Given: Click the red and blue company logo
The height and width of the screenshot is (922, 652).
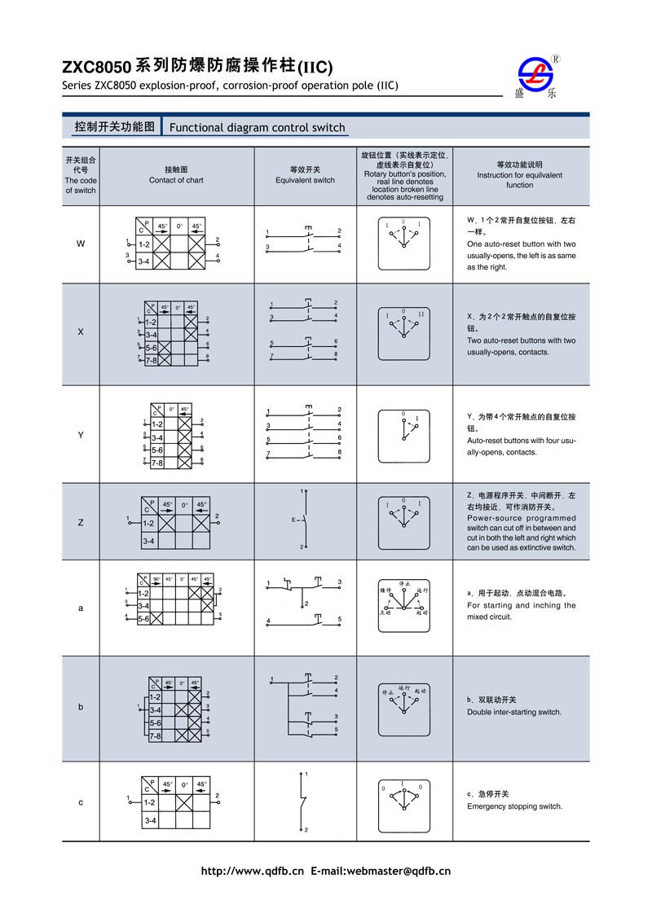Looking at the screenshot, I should [540, 76].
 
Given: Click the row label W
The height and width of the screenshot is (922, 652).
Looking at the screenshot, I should [80, 244].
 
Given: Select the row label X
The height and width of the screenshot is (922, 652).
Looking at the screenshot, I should [80, 332].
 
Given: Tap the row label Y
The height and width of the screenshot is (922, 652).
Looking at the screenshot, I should [80, 435].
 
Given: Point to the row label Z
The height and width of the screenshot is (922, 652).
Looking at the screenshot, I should [80, 522].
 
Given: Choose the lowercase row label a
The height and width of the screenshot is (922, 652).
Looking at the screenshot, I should [80, 608].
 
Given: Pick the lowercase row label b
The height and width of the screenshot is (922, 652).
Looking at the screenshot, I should [80, 707].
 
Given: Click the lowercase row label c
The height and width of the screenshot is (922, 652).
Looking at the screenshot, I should [80, 802].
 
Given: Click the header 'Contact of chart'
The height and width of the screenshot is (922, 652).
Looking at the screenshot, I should [176, 180].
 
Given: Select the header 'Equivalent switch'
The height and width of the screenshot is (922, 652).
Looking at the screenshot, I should [305, 180].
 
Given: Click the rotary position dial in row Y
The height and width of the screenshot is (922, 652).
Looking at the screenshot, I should [403, 435].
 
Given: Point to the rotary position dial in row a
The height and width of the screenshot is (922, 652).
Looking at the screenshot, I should [403, 608].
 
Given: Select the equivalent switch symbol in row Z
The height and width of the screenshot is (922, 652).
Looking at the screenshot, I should [303, 520].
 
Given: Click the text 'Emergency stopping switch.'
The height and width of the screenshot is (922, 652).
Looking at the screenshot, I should [514, 806].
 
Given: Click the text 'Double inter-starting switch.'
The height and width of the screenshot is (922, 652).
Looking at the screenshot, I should [513, 712].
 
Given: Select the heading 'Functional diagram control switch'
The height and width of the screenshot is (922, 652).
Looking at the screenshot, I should [257, 128].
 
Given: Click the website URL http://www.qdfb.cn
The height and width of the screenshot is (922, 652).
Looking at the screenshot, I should [252, 871].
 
